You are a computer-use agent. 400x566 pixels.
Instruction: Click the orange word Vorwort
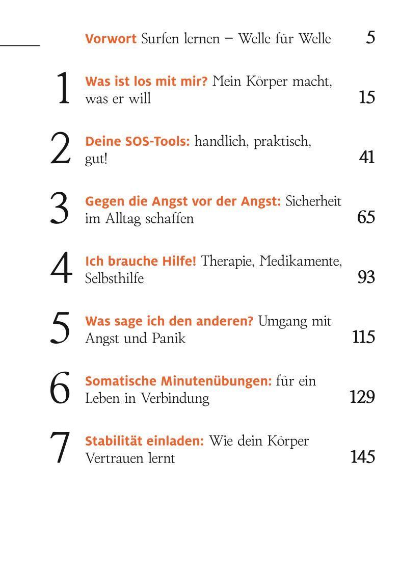pyautogui.click(x=111, y=38)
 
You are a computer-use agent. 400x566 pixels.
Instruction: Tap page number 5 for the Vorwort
pyautogui.click(x=370, y=38)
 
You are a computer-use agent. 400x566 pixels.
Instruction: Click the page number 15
pyautogui.click(x=366, y=97)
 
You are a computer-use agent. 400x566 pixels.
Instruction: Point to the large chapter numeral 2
pyautogui.click(x=60, y=148)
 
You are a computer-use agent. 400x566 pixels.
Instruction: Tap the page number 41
pyautogui.click(x=366, y=158)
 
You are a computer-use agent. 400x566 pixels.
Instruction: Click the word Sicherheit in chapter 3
pyautogui.click(x=313, y=201)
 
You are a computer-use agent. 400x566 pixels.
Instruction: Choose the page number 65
pyautogui.click(x=366, y=217)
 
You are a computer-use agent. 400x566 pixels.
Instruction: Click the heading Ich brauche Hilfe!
pyautogui.click(x=141, y=261)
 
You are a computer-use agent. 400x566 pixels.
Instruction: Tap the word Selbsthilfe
pyautogui.click(x=115, y=278)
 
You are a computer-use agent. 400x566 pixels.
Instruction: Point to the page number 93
pyautogui.click(x=366, y=277)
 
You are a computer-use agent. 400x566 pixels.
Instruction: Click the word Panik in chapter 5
pyautogui.click(x=169, y=338)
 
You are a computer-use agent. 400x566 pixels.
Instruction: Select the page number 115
pyautogui.click(x=363, y=337)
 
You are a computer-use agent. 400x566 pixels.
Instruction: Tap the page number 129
pyautogui.click(x=362, y=397)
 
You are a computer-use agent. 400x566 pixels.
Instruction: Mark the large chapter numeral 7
pyautogui.click(x=60, y=448)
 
